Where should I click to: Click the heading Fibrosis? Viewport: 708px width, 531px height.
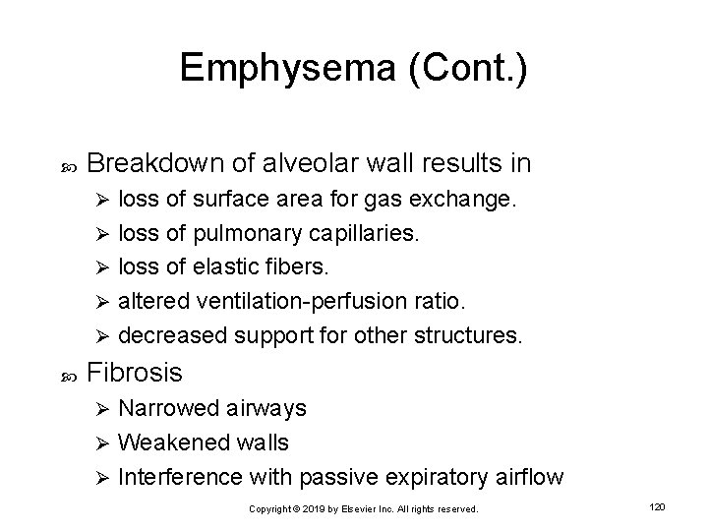[x=134, y=372]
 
